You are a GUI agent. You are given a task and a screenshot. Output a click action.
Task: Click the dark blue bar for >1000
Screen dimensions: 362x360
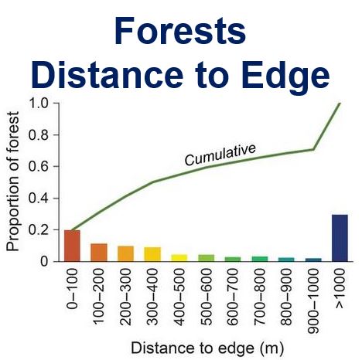coord(340,238)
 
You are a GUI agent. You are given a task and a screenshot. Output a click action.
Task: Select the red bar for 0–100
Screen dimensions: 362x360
coord(72,246)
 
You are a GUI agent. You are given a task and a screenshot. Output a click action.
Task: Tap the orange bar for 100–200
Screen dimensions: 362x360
coord(99,253)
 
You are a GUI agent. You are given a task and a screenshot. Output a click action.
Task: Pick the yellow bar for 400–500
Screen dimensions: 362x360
coord(179,258)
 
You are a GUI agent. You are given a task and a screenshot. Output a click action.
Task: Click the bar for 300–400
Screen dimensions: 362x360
coord(152,254)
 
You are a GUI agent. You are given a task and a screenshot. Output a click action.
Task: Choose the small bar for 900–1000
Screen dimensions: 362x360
coord(313,260)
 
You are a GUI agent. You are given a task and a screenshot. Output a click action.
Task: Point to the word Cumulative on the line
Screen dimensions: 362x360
coord(220,155)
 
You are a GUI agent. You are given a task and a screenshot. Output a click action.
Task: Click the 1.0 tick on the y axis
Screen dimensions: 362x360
coord(38,104)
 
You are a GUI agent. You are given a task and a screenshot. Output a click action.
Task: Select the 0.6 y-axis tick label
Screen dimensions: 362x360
coord(38,166)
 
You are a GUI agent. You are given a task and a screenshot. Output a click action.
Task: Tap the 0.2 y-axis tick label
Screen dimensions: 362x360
coord(38,230)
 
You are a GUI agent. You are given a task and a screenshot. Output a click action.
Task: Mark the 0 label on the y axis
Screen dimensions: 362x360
coord(44,262)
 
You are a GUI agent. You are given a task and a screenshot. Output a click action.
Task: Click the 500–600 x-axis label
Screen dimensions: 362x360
coord(207,297)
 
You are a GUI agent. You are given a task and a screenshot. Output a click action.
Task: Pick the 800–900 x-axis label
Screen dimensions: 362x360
coord(286,297)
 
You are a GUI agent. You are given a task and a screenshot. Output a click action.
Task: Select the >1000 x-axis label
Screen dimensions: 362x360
coord(340,288)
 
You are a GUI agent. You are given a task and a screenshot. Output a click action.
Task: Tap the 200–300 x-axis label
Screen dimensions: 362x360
coord(126,297)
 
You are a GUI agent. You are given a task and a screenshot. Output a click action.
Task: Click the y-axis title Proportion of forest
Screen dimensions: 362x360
coord(13,182)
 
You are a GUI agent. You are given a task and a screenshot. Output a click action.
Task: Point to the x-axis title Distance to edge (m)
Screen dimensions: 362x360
coord(207,348)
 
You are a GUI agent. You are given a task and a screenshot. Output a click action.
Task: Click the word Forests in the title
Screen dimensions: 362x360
coord(180,31)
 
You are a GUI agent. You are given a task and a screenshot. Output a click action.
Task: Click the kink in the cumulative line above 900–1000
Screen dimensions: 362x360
coord(313,149)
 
